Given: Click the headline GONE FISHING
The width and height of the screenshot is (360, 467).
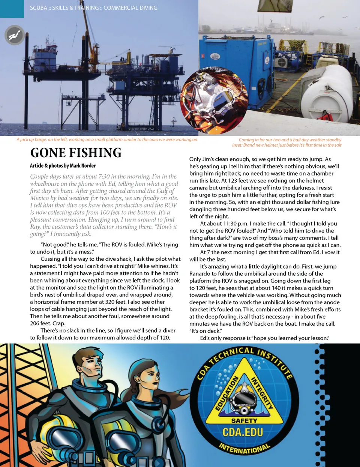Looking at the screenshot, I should (76, 153).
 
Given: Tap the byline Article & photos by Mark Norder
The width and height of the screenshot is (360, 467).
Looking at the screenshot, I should (63, 165).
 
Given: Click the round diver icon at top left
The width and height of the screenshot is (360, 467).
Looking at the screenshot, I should (15, 35).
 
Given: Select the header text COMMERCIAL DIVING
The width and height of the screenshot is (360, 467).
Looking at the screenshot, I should (130, 8).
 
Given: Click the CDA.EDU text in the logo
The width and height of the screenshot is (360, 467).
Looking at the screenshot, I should (243, 432).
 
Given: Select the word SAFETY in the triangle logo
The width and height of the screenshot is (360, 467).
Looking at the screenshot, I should (244, 420).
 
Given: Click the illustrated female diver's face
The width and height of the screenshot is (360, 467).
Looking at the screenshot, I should (150, 376).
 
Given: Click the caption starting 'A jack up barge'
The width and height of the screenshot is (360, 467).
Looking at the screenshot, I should (107, 140).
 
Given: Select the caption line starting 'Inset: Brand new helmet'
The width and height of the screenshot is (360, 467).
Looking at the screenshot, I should (286, 145).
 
